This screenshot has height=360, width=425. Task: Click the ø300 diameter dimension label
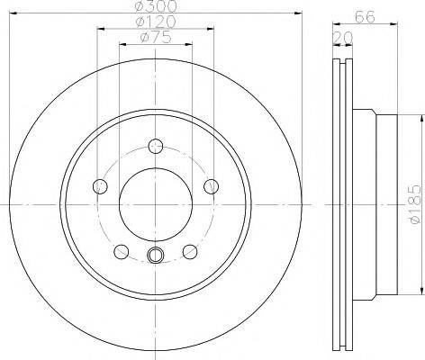pos(156,5)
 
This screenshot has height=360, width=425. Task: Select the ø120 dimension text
pos(156,22)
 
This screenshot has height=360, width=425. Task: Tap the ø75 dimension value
pos(156,38)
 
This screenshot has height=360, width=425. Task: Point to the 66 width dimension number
pos(365,17)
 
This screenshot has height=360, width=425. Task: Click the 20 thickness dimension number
pos(343,38)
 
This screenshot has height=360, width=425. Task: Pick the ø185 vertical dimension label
pos(416,204)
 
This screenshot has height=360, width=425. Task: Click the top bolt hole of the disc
pos(156,147)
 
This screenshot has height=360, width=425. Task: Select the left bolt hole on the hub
pos(100,186)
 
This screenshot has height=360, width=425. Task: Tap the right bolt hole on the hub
pos(212,186)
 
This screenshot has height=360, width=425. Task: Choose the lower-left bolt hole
pos(122,252)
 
